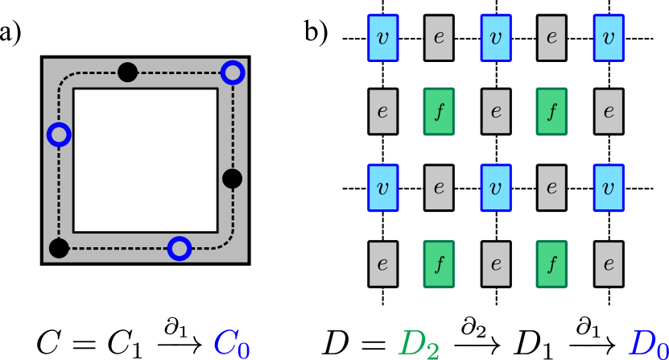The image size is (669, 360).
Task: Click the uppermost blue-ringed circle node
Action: coord(233,72)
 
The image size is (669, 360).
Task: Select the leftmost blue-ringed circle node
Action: coord(59,134)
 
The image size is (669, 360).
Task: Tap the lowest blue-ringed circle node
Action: coord(180,249)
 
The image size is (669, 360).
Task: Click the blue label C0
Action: coord(231,343)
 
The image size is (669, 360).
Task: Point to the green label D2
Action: coord(419,343)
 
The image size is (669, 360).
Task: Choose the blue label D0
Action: coord(648,343)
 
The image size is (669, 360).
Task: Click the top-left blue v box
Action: coord(382,38)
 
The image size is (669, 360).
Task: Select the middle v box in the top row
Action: coord(495,38)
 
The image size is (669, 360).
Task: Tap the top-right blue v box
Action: coord(608,38)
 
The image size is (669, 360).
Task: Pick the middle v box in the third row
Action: coord(495,188)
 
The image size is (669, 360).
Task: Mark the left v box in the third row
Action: coord(382,188)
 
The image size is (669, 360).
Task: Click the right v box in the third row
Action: coord(608,188)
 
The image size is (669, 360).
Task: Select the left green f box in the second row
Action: coord(439,111)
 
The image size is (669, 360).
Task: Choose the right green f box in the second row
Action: coord(551,111)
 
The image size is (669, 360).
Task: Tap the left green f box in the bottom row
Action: coord(439,263)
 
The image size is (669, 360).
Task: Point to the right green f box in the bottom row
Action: coord(551,263)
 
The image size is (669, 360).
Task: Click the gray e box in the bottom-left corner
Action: coord(382,263)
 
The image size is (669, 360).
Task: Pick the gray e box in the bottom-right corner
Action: coord(608,263)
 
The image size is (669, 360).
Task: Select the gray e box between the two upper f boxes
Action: coord(495,111)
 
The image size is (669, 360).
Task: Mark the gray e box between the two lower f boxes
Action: coord(495,263)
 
